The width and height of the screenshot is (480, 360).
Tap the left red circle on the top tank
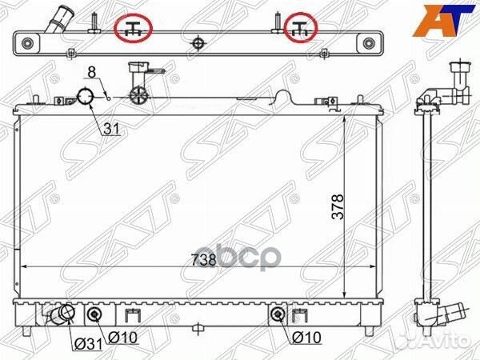[134, 30]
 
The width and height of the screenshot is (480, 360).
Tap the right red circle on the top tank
[302, 30]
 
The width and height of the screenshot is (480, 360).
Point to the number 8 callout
[92, 73]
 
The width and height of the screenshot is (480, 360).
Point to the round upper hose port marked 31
[85, 98]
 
